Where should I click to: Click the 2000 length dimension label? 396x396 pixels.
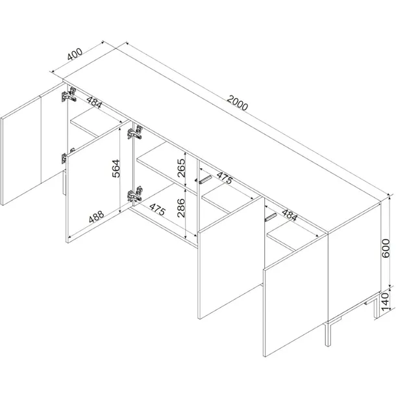[x=237, y=103]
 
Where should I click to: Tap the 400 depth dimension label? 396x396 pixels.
[x=75, y=54]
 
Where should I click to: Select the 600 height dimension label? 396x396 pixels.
[x=386, y=248]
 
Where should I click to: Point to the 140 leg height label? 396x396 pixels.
[x=385, y=302]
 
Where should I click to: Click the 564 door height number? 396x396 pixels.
[x=116, y=168]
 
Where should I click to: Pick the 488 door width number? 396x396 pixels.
[x=96, y=216]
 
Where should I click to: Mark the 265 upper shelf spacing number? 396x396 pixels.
[x=181, y=168]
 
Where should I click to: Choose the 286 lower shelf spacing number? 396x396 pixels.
[x=181, y=208]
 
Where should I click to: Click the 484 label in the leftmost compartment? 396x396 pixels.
[x=94, y=102]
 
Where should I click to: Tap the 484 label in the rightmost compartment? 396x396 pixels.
[x=290, y=215]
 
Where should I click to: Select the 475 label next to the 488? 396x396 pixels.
[x=158, y=210]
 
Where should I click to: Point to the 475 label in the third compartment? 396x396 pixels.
[x=225, y=178]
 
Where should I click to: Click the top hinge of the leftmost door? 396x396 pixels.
[x=69, y=95]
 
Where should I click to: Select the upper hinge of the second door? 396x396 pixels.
[x=135, y=132]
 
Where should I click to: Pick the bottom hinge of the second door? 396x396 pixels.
[x=135, y=194]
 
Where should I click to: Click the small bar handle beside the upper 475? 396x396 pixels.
[x=203, y=180]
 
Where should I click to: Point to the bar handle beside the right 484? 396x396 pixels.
[x=271, y=217]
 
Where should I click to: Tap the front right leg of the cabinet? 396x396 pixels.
[x=328, y=334]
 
